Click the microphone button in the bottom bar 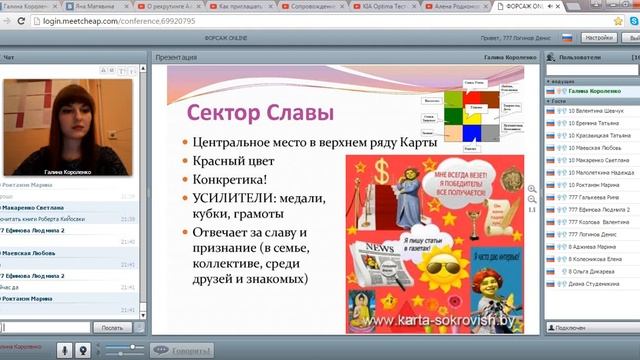[65, 350]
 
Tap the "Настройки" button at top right [599, 38]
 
